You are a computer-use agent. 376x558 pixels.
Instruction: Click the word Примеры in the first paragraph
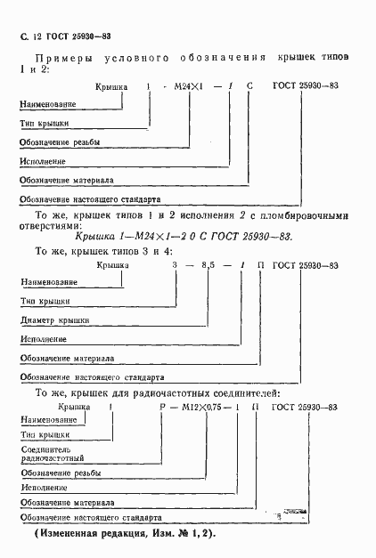[56, 58]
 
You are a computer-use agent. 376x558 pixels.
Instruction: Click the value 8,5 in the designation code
[208, 265]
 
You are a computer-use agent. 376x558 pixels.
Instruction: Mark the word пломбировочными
[303, 215]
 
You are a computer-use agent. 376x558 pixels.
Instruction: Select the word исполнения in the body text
[215, 215]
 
